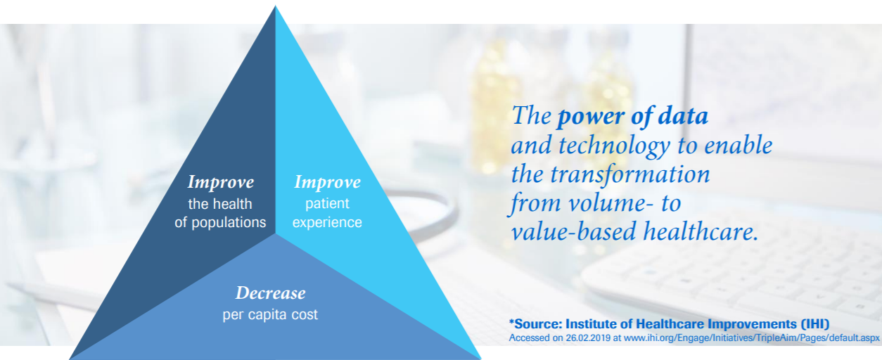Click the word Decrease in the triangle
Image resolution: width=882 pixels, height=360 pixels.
click(x=271, y=293)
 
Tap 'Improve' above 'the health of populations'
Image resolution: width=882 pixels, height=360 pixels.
click(x=221, y=182)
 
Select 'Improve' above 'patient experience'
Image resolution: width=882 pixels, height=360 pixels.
click(x=328, y=182)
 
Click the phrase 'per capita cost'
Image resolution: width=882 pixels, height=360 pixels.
click(x=270, y=315)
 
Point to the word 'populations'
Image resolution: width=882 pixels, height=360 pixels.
click(x=229, y=223)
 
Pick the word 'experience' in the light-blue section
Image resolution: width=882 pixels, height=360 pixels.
click(x=327, y=223)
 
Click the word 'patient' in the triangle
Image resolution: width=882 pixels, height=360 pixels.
click(x=327, y=204)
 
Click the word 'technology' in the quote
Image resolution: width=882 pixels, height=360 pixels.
click(x=614, y=146)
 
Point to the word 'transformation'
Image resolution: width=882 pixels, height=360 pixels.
click(x=630, y=174)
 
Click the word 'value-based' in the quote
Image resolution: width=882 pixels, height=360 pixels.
click(x=573, y=232)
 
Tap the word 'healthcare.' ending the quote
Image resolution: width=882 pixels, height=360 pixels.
click(x=701, y=232)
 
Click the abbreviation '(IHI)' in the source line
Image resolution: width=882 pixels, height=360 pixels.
click(x=815, y=324)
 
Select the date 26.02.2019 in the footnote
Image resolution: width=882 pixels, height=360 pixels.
click(x=588, y=338)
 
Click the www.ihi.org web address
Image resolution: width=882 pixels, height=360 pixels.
click(x=752, y=338)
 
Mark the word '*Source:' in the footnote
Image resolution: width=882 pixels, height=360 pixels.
click(x=535, y=324)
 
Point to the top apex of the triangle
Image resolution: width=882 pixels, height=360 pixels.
click(x=275, y=6)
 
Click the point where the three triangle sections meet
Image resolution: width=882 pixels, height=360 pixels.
click(x=275, y=234)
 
